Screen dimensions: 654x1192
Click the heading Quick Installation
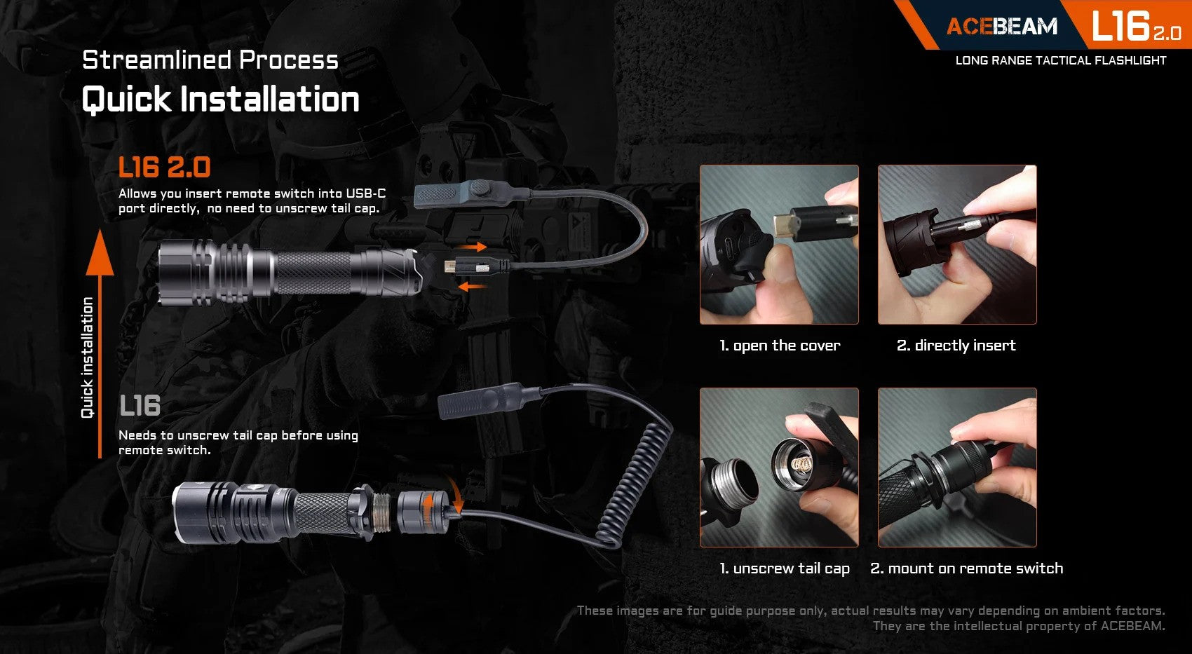[220, 99]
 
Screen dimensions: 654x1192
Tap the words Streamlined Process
[210, 60]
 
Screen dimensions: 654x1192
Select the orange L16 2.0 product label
[164, 168]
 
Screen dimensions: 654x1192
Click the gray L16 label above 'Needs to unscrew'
[140, 406]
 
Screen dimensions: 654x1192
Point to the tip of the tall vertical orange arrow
[100, 236]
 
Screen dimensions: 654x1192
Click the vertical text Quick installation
[88, 357]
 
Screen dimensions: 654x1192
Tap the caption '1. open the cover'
[779, 346]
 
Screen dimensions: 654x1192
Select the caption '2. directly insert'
[956, 346]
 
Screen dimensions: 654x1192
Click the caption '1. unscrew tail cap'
[784, 568]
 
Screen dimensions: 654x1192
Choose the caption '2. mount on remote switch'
[966, 568]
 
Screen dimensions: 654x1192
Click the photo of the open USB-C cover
[779, 245]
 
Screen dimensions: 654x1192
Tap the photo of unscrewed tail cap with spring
[779, 468]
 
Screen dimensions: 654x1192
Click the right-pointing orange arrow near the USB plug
[476, 247]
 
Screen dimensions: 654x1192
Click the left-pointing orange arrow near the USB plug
[471, 286]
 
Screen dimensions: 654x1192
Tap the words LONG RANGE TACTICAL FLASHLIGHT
[1060, 60]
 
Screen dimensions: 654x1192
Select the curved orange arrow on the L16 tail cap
[456, 496]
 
